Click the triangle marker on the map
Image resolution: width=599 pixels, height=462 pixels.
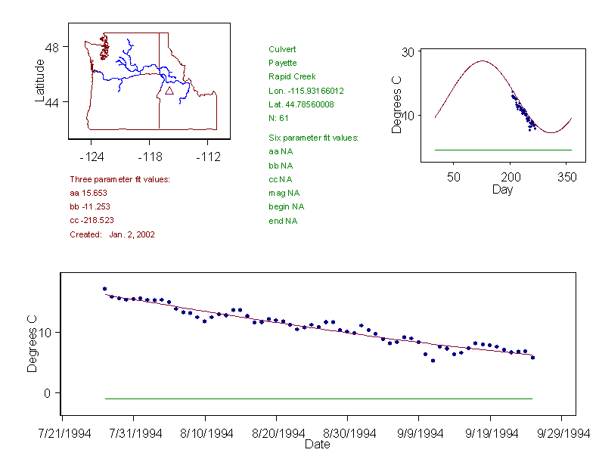pyautogui.click(x=169, y=91)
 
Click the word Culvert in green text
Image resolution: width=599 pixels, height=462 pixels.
pyautogui.click(x=281, y=50)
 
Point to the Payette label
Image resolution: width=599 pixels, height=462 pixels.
pyautogui.click(x=283, y=64)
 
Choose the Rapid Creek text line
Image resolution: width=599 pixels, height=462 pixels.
pyautogui.click(x=292, y=77)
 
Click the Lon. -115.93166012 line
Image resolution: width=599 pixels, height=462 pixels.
pyautogui.click(x=306, y=91)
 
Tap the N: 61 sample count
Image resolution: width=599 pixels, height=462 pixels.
pyautogui.click(x=279, y=118)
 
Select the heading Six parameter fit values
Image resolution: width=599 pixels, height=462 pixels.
pyautogui.click(x=313, y=138)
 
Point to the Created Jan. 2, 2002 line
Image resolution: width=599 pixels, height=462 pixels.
pyautogui.click(x=112, y=234)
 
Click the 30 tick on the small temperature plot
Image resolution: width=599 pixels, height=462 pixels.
pyautogui.click(x=411, y=52)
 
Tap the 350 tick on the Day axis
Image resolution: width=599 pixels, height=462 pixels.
pyautogui.click(x=567, y=176)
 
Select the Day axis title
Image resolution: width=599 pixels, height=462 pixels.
pyautogui.click(x=502, y=189)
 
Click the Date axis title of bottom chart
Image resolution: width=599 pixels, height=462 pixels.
pyautogui.click(x=317, y=445)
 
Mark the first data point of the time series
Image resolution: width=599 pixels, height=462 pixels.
pyautogui.click(x=104, y=289)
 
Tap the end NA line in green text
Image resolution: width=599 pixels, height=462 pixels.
pyautogui.click(x=283, y=221)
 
